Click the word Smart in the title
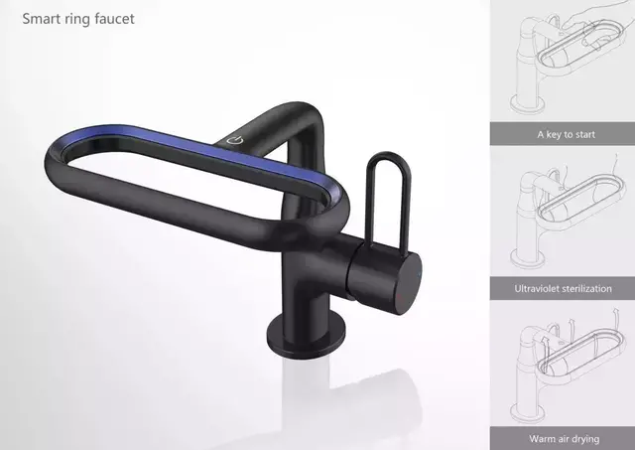click(x=40, y=19)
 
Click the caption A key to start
click(x=566, y=134)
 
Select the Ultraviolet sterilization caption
click(x=563, y=289)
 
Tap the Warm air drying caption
click(x=565, y=439)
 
